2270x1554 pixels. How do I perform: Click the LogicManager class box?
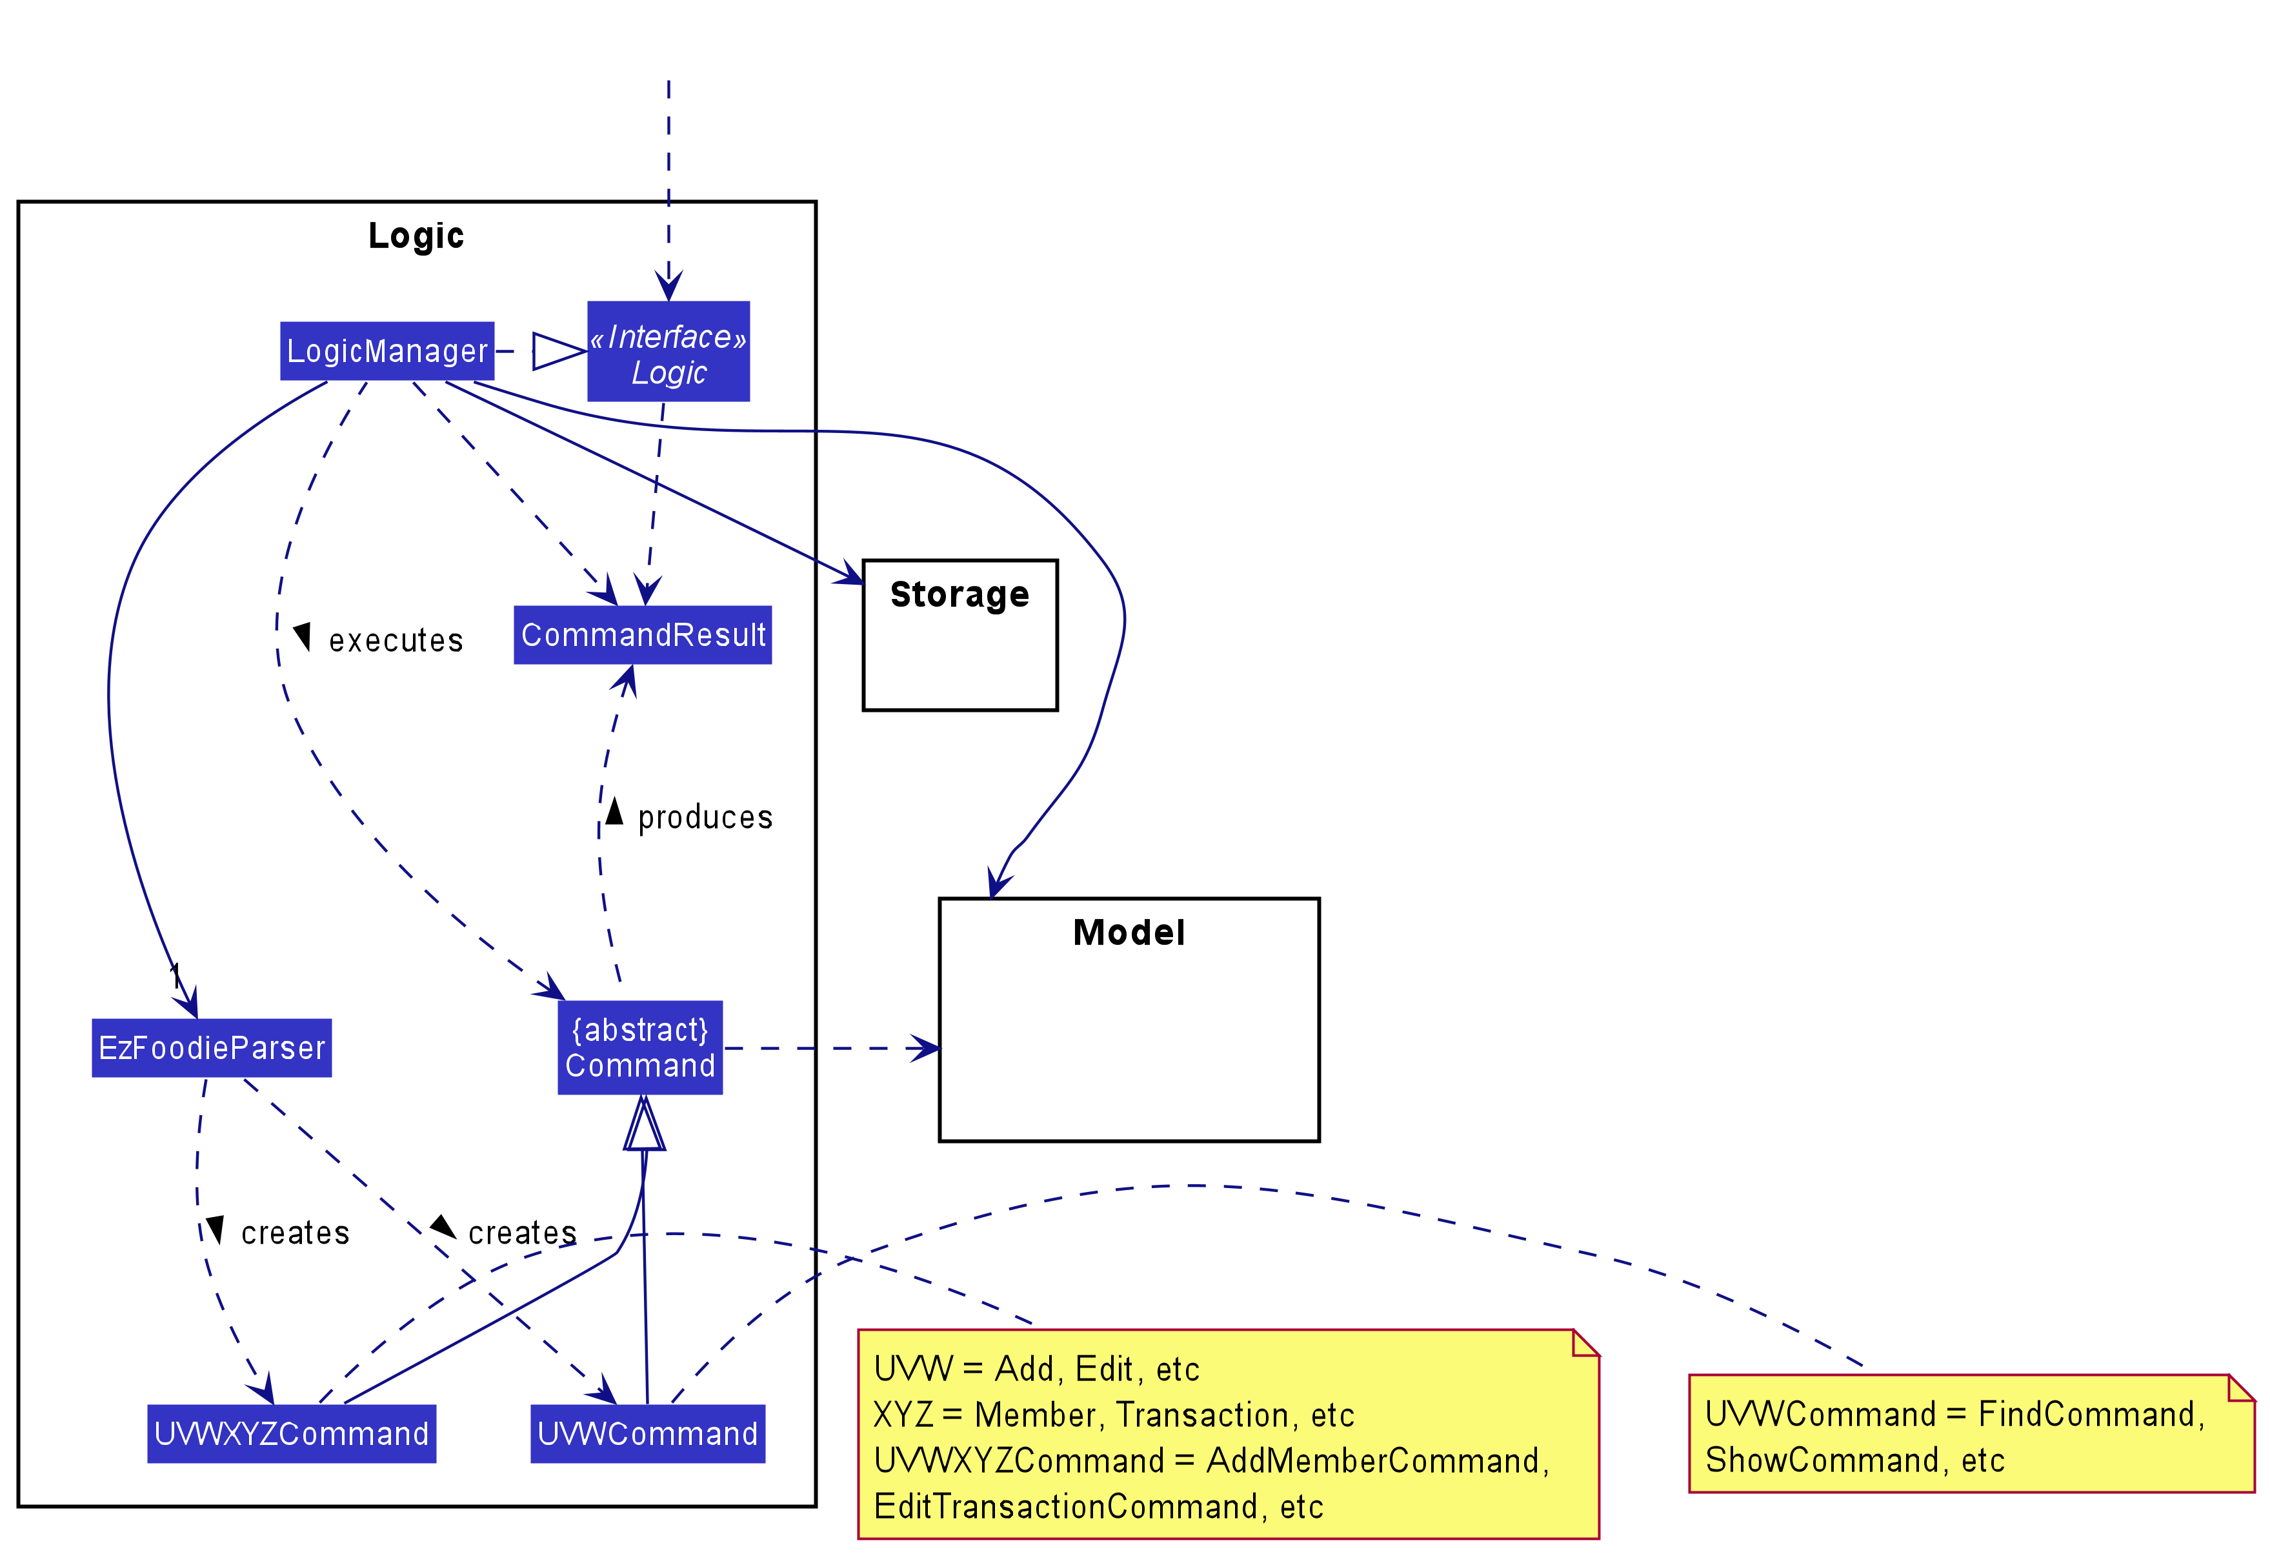[387, 350]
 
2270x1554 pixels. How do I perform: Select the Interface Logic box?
[668, 352]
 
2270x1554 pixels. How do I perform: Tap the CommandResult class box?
[643, 635]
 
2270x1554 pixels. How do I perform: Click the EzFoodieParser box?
[212, 1048]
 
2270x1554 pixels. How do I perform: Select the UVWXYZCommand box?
[291, 1434]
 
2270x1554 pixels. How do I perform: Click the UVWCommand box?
[648, 1434]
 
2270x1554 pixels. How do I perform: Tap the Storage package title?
[959, 595]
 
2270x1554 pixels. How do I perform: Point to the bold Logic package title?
[416, 236]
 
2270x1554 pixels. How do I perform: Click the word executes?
[396, 641]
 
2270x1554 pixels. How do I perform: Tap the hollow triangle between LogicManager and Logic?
[557, 352]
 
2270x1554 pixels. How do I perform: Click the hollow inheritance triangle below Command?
[644, 1125]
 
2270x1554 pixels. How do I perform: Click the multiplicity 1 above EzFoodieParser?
[175, 974]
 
